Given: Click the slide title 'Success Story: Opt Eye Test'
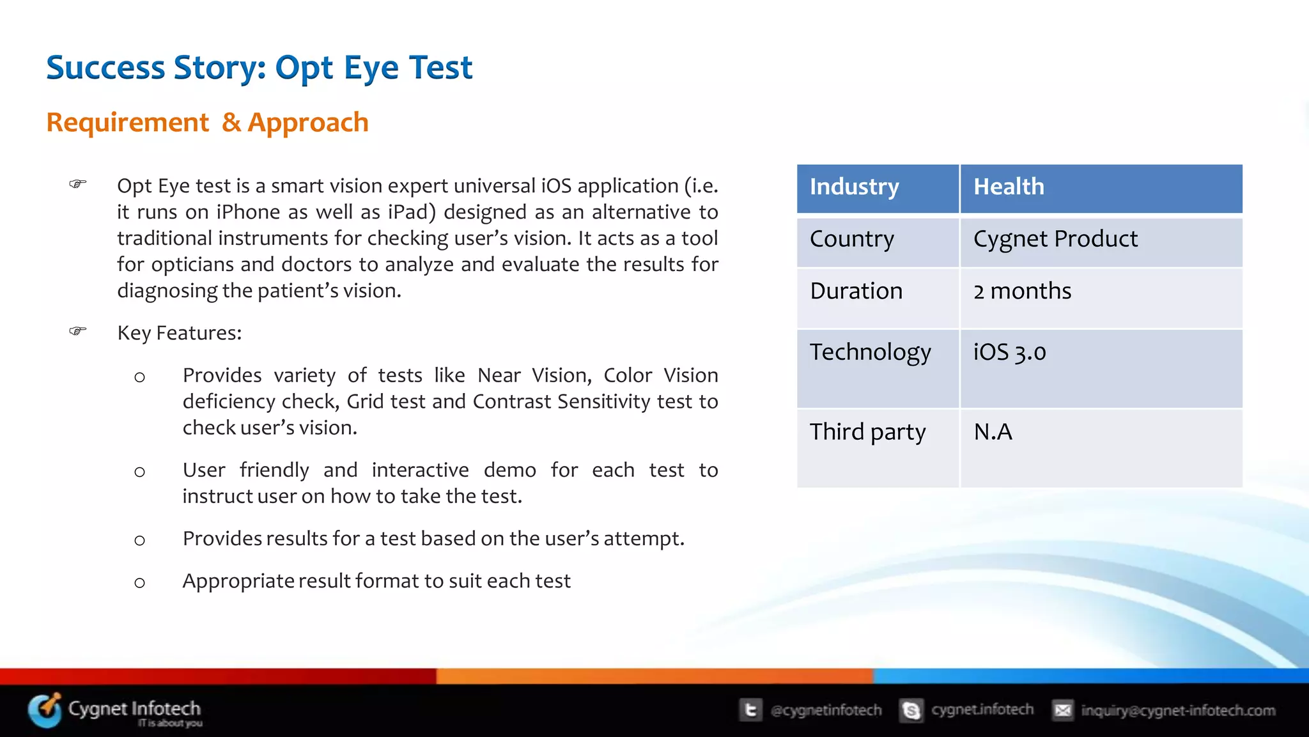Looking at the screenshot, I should (259, 68).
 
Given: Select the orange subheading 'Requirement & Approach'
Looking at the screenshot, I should (207, 122).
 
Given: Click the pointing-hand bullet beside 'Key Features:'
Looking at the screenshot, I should (78, 331).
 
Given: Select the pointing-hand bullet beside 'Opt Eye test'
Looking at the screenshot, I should (78, 184).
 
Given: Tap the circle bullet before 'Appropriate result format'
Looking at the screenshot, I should (139, 582).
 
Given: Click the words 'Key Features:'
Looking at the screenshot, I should (180, 333).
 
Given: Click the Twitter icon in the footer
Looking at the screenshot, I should (750, 710).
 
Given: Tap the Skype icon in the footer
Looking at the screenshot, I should (911, 710).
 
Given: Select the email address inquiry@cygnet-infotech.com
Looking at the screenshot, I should (1177, 710).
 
